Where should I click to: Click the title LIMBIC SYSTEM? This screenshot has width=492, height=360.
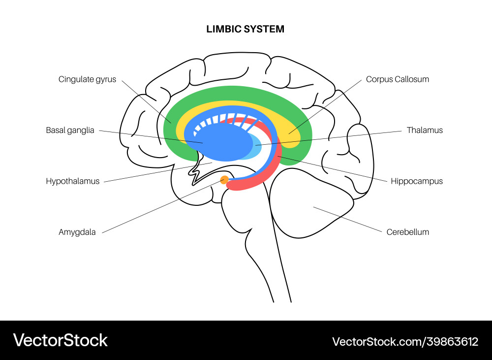click(246, 29)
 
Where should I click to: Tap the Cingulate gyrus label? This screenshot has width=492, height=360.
click(88, 79)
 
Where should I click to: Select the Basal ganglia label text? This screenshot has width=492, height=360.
click(70, 131)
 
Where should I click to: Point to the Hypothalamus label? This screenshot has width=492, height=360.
click(73, 181)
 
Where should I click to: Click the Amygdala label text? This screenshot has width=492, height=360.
click(77, 232)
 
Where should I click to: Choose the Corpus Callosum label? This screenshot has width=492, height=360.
click(398, 79)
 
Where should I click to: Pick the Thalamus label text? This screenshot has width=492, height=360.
click(425, 131)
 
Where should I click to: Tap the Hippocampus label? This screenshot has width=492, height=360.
click(417, 181)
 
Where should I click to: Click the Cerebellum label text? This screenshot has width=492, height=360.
click(407, 232)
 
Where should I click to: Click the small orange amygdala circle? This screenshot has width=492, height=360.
click(224, 180)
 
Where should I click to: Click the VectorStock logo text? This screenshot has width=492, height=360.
click(60, 340)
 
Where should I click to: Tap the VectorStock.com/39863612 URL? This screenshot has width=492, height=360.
click(405, 341)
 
